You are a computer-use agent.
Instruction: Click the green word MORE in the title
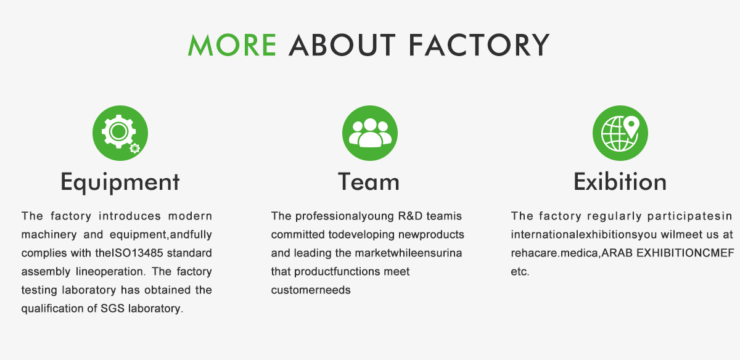[x=232, y=45]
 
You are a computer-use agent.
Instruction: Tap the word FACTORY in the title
[x=479, y=45]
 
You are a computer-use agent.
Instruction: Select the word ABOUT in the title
[x=342, y=45]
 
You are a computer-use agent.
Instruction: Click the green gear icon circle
[x=120, y=133]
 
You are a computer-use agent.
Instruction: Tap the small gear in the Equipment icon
[x=134, y=149]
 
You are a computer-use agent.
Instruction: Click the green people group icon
[x=369, y=133]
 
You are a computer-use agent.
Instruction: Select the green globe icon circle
[x=620, y=133]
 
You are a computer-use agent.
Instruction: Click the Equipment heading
[x=120, y=182]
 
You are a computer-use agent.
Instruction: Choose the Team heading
[x=369, y=182]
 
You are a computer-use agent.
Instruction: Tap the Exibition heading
[x=620, y=182]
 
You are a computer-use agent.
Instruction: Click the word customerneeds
[x=311, y=290]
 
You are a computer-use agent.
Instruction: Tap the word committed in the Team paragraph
[x=298, y=234]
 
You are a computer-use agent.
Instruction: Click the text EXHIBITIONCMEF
[x=685, y=253]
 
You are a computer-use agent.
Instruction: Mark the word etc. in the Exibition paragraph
[x=520, y=271]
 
